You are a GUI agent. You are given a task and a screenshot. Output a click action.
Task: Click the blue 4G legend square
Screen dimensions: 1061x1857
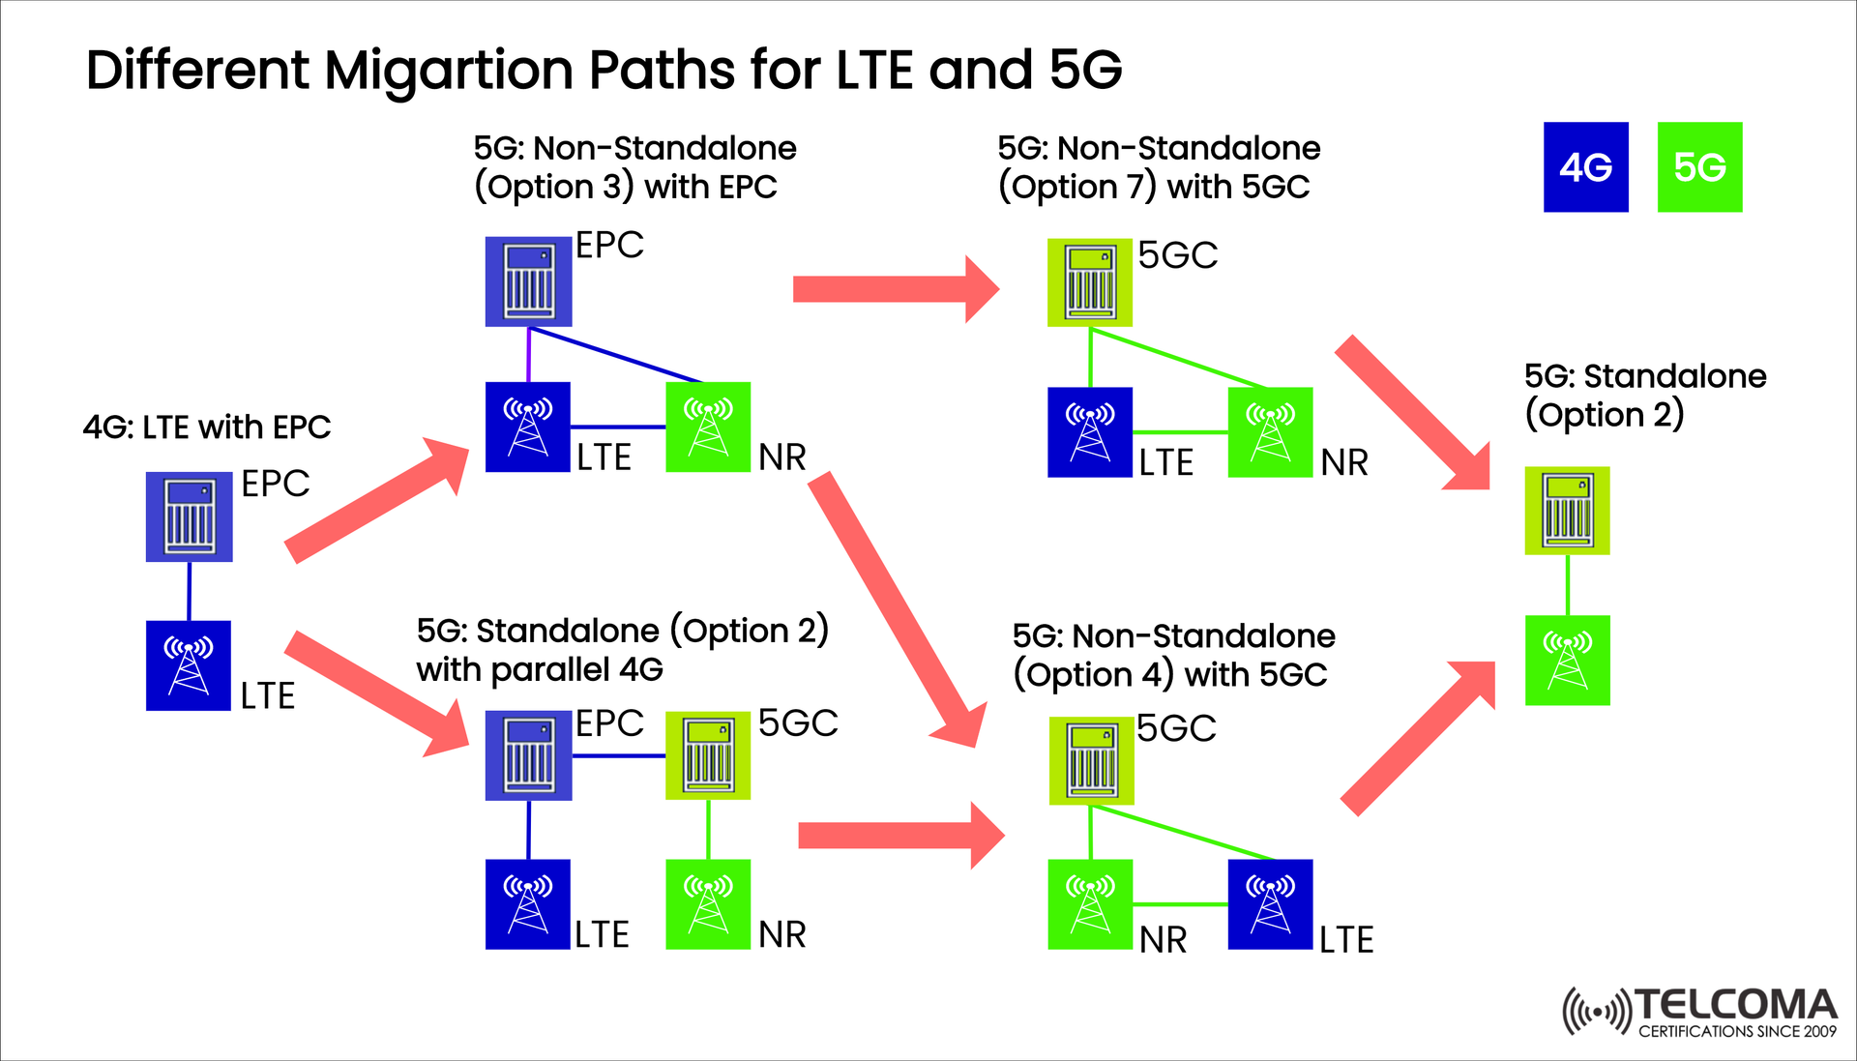point(1585,166)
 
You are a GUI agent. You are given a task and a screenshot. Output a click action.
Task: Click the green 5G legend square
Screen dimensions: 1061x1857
point(1699,166)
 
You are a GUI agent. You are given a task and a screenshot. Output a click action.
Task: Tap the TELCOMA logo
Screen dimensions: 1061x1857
point(1699,1013)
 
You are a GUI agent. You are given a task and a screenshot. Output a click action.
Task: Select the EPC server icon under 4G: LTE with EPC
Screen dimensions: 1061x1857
point(189,516)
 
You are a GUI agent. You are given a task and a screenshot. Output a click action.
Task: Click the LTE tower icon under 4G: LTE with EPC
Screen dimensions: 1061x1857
point(189,665)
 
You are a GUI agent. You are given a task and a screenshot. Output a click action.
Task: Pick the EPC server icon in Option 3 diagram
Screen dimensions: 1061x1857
point(528,281)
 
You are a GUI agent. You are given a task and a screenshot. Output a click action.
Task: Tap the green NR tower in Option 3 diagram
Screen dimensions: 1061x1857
point(708,427)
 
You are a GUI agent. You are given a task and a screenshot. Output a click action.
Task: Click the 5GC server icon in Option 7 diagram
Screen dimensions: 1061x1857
point(1090,282)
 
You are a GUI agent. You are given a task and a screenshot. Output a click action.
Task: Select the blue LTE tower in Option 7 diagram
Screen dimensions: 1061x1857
point(1090,432)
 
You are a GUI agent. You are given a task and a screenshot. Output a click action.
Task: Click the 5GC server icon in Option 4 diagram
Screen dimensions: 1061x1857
point(1092,761)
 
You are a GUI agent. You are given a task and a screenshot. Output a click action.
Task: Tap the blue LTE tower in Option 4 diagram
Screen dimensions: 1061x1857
point(1270,903)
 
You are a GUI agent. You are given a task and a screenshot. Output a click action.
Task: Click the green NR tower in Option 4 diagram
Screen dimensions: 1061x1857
point(1090,903)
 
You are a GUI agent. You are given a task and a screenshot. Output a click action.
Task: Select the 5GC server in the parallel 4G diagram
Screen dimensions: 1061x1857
point(708,755)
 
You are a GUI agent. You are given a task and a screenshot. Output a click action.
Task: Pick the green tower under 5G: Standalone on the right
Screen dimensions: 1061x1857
point(1567,660)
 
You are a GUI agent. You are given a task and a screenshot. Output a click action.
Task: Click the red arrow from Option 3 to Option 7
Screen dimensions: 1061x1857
point(895,289)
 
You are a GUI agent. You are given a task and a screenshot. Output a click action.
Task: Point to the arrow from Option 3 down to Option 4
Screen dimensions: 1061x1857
point(895,609)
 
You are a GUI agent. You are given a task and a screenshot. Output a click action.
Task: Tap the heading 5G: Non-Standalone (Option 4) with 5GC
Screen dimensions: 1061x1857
point(1172,655)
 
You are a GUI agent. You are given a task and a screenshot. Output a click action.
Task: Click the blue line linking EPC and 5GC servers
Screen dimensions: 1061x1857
point(618,755)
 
